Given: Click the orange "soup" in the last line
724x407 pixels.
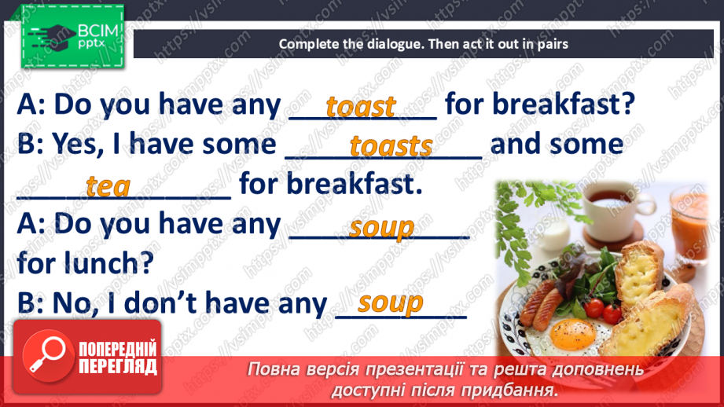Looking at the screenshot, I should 390,302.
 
